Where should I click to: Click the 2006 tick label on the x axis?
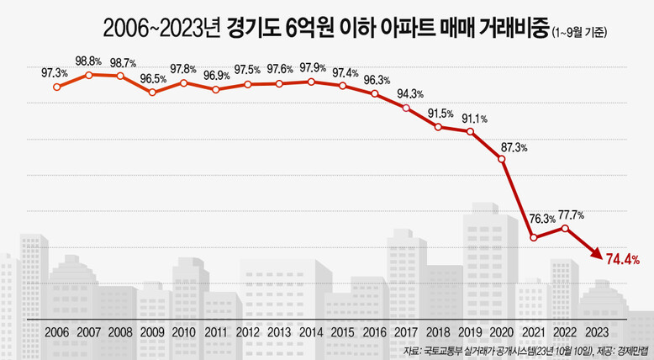(56, 332)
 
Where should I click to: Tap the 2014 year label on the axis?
(311, 332)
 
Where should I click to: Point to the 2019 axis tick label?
(470, 332)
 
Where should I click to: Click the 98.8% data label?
(89, 61)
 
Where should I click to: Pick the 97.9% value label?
(311, 67)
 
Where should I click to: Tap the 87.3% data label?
(514, 148)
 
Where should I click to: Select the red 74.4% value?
(623, 260)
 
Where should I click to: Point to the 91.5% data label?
(440, 113)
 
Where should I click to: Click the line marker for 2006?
(56, 86)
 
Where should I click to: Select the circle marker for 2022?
(565, 228)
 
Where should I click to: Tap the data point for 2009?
(152, 91)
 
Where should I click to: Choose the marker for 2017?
(407, 107)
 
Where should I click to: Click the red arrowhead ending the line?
(595, 253)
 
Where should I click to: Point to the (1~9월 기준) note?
(580, 32)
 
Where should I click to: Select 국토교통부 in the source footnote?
(446, 351)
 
